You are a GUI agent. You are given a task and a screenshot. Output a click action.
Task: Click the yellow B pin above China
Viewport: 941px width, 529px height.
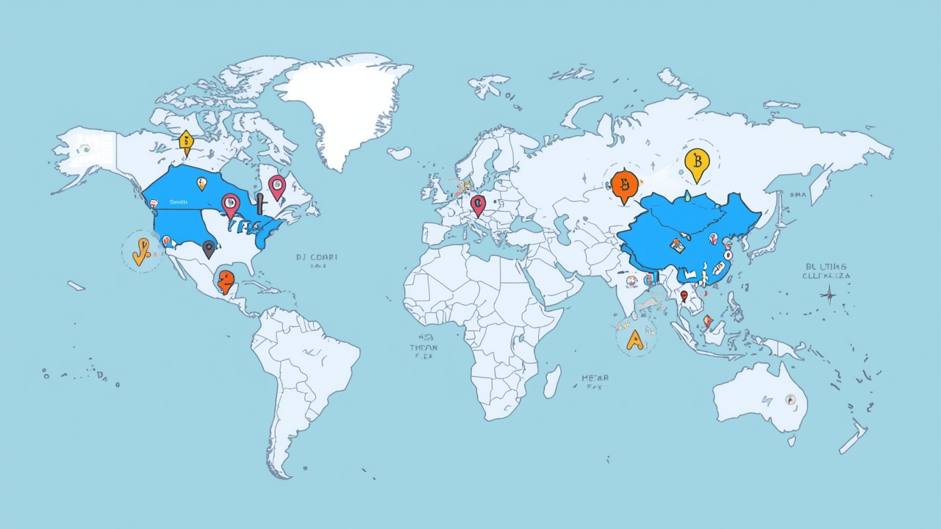pos(695,162)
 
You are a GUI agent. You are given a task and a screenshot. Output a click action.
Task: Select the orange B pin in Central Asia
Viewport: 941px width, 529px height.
pos(625,184)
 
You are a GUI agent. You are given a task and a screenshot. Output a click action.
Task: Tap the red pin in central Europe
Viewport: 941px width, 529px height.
pos(478,204)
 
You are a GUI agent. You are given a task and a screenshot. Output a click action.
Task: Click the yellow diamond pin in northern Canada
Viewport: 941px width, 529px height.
pos(186,140)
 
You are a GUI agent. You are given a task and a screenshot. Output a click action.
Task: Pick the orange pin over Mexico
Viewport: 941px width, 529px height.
pos(226,281)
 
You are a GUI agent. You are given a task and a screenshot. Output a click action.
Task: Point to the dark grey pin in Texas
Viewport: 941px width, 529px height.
pos(209,248)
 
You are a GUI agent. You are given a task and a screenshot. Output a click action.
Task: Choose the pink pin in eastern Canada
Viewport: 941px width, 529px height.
pos(276,187)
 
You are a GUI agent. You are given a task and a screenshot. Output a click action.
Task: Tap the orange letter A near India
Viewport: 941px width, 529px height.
pos(634,339)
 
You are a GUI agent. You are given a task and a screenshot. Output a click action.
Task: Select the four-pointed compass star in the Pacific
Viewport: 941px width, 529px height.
pos(829,296)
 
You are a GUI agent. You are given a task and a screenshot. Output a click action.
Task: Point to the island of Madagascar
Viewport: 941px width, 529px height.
pos(551,381)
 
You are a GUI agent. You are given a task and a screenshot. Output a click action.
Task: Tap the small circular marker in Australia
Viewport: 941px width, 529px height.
pos(790,400)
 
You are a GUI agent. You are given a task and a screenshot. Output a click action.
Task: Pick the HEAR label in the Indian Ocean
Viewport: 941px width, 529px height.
pos(595,378)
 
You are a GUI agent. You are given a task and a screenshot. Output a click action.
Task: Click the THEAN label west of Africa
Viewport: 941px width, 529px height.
pos(423,347)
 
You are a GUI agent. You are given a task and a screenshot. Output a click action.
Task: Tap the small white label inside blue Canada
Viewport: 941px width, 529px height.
pos(179,201)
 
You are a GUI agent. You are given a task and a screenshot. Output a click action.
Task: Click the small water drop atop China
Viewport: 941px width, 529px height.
pos(686,196)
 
